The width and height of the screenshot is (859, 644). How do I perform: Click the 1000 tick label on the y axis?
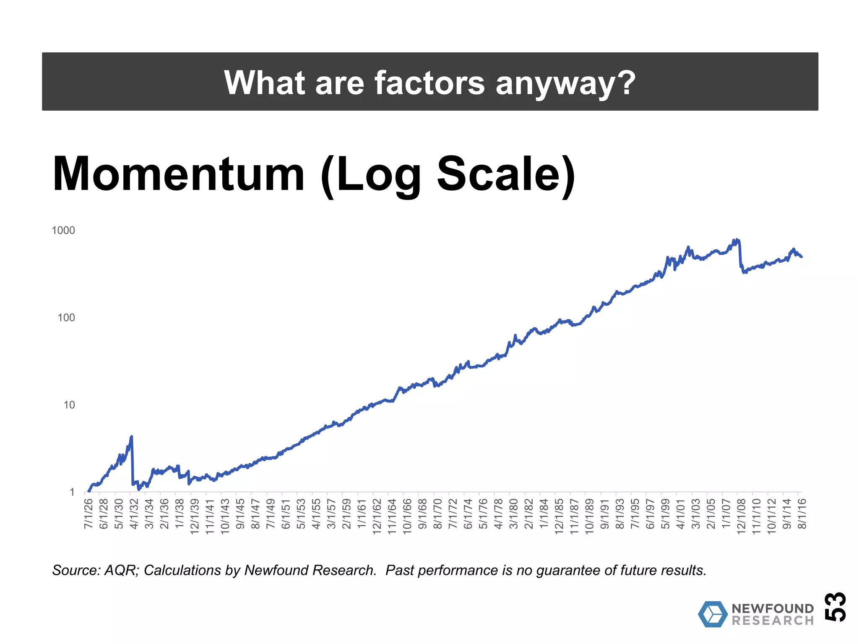[x=63, y=230]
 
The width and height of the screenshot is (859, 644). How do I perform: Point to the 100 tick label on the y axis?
[x=66, y=317]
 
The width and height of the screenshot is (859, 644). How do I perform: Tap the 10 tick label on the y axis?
[x=69, y=405]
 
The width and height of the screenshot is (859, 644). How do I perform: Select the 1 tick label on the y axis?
[x=72, y=492]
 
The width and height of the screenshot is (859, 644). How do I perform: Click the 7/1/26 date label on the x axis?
[x=89, y=514]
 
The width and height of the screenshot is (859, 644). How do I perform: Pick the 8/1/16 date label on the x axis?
[x=802, y=514]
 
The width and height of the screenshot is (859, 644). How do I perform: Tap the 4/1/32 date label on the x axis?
[x=134, y=514]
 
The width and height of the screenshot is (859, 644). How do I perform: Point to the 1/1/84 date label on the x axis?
[x=544, y=514]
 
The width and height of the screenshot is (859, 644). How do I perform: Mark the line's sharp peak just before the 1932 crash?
[x=131, y=436]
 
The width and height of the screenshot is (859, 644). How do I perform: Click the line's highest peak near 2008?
[x=737, y=240]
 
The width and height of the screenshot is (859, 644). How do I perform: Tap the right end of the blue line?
[x=802, y=257]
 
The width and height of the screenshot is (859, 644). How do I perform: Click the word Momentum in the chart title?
[x=179, y=174]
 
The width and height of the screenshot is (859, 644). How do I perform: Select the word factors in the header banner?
[x=429, y=83]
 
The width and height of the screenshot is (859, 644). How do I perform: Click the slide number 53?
[x=835, y=606]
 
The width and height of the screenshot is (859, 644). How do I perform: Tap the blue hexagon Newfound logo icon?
[x=712, y=614]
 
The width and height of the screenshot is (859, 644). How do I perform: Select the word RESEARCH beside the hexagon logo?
[x=773, y=621]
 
